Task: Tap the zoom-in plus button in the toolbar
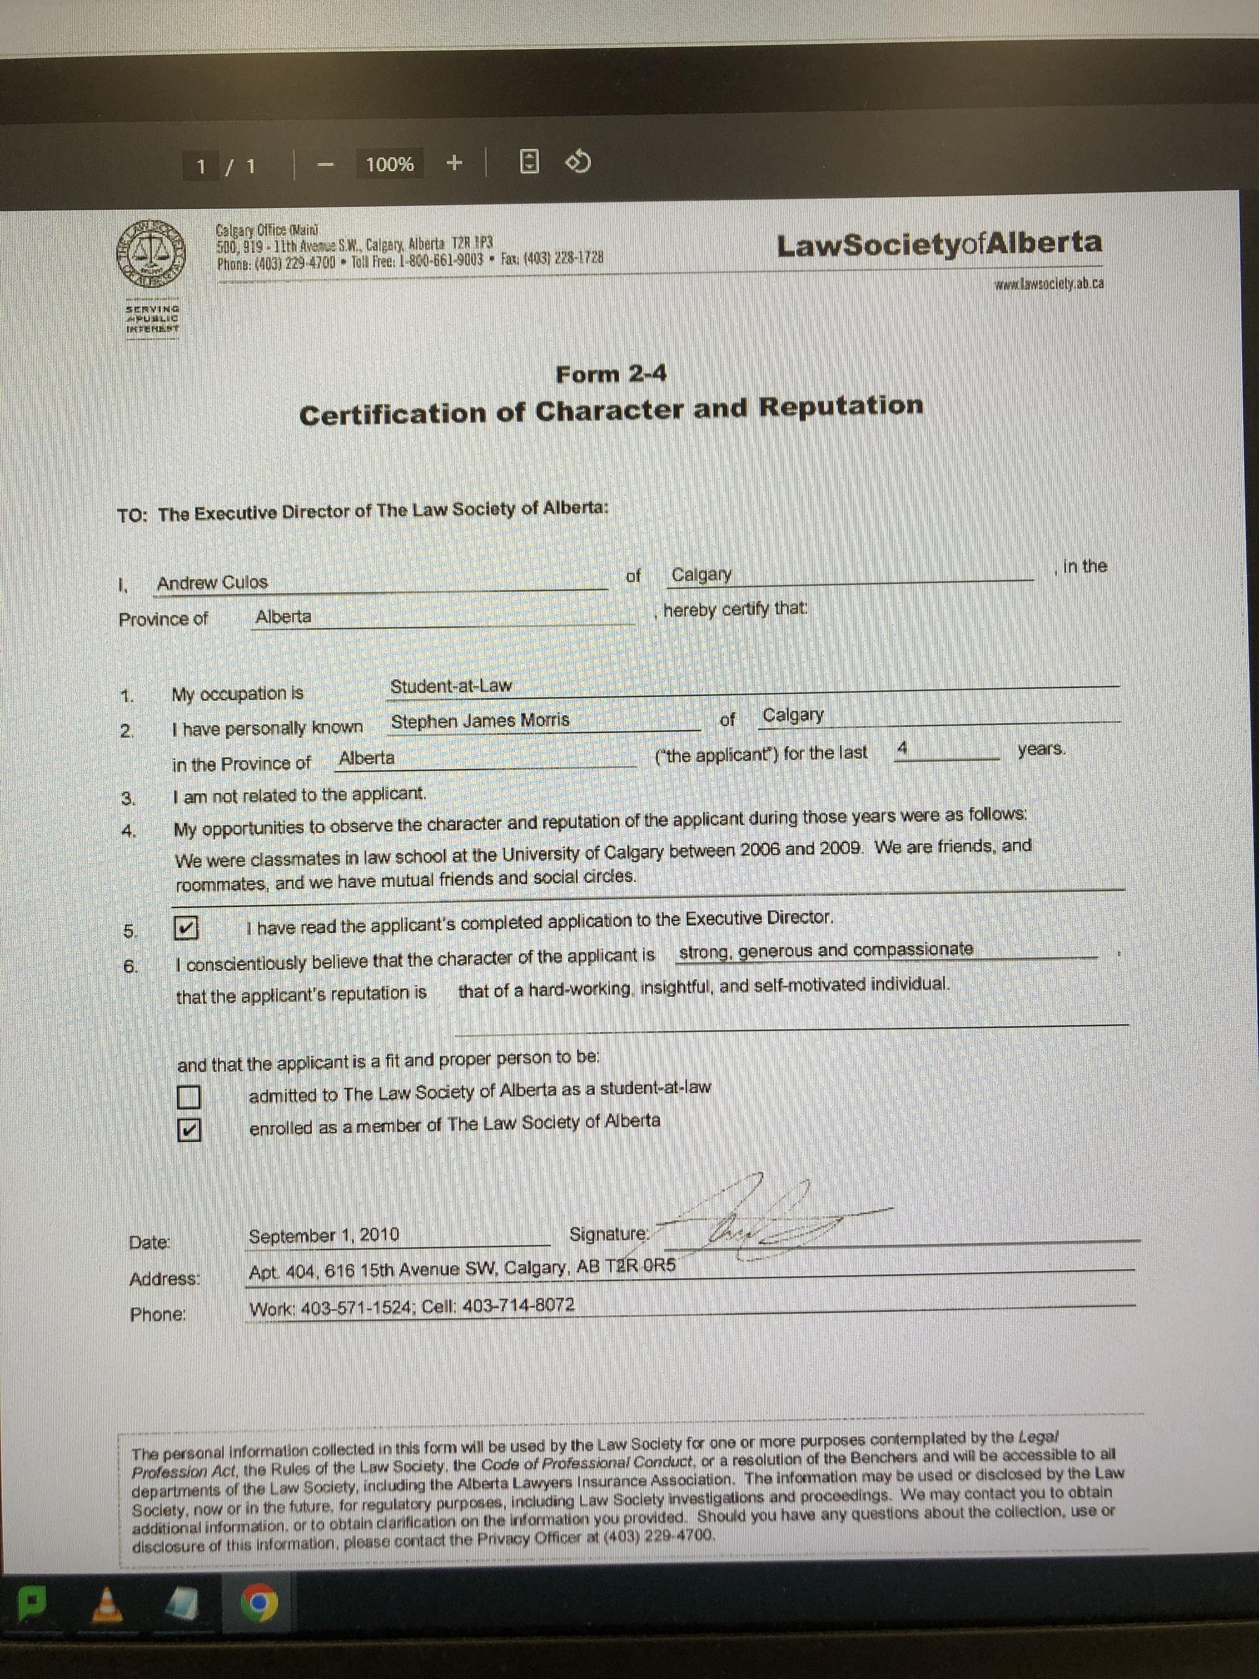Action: click(454, 163)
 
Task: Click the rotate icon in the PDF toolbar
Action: click(579, 162)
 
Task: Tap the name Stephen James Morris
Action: click(480, 721)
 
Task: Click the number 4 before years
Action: click(902, 748)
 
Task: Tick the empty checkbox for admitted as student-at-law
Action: click(188, 1097)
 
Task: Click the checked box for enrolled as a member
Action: click(189, 1130)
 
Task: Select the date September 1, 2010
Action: click(324, 1236)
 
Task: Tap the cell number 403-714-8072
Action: click(518, 1305)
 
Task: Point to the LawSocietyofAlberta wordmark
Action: click(939, 244)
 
